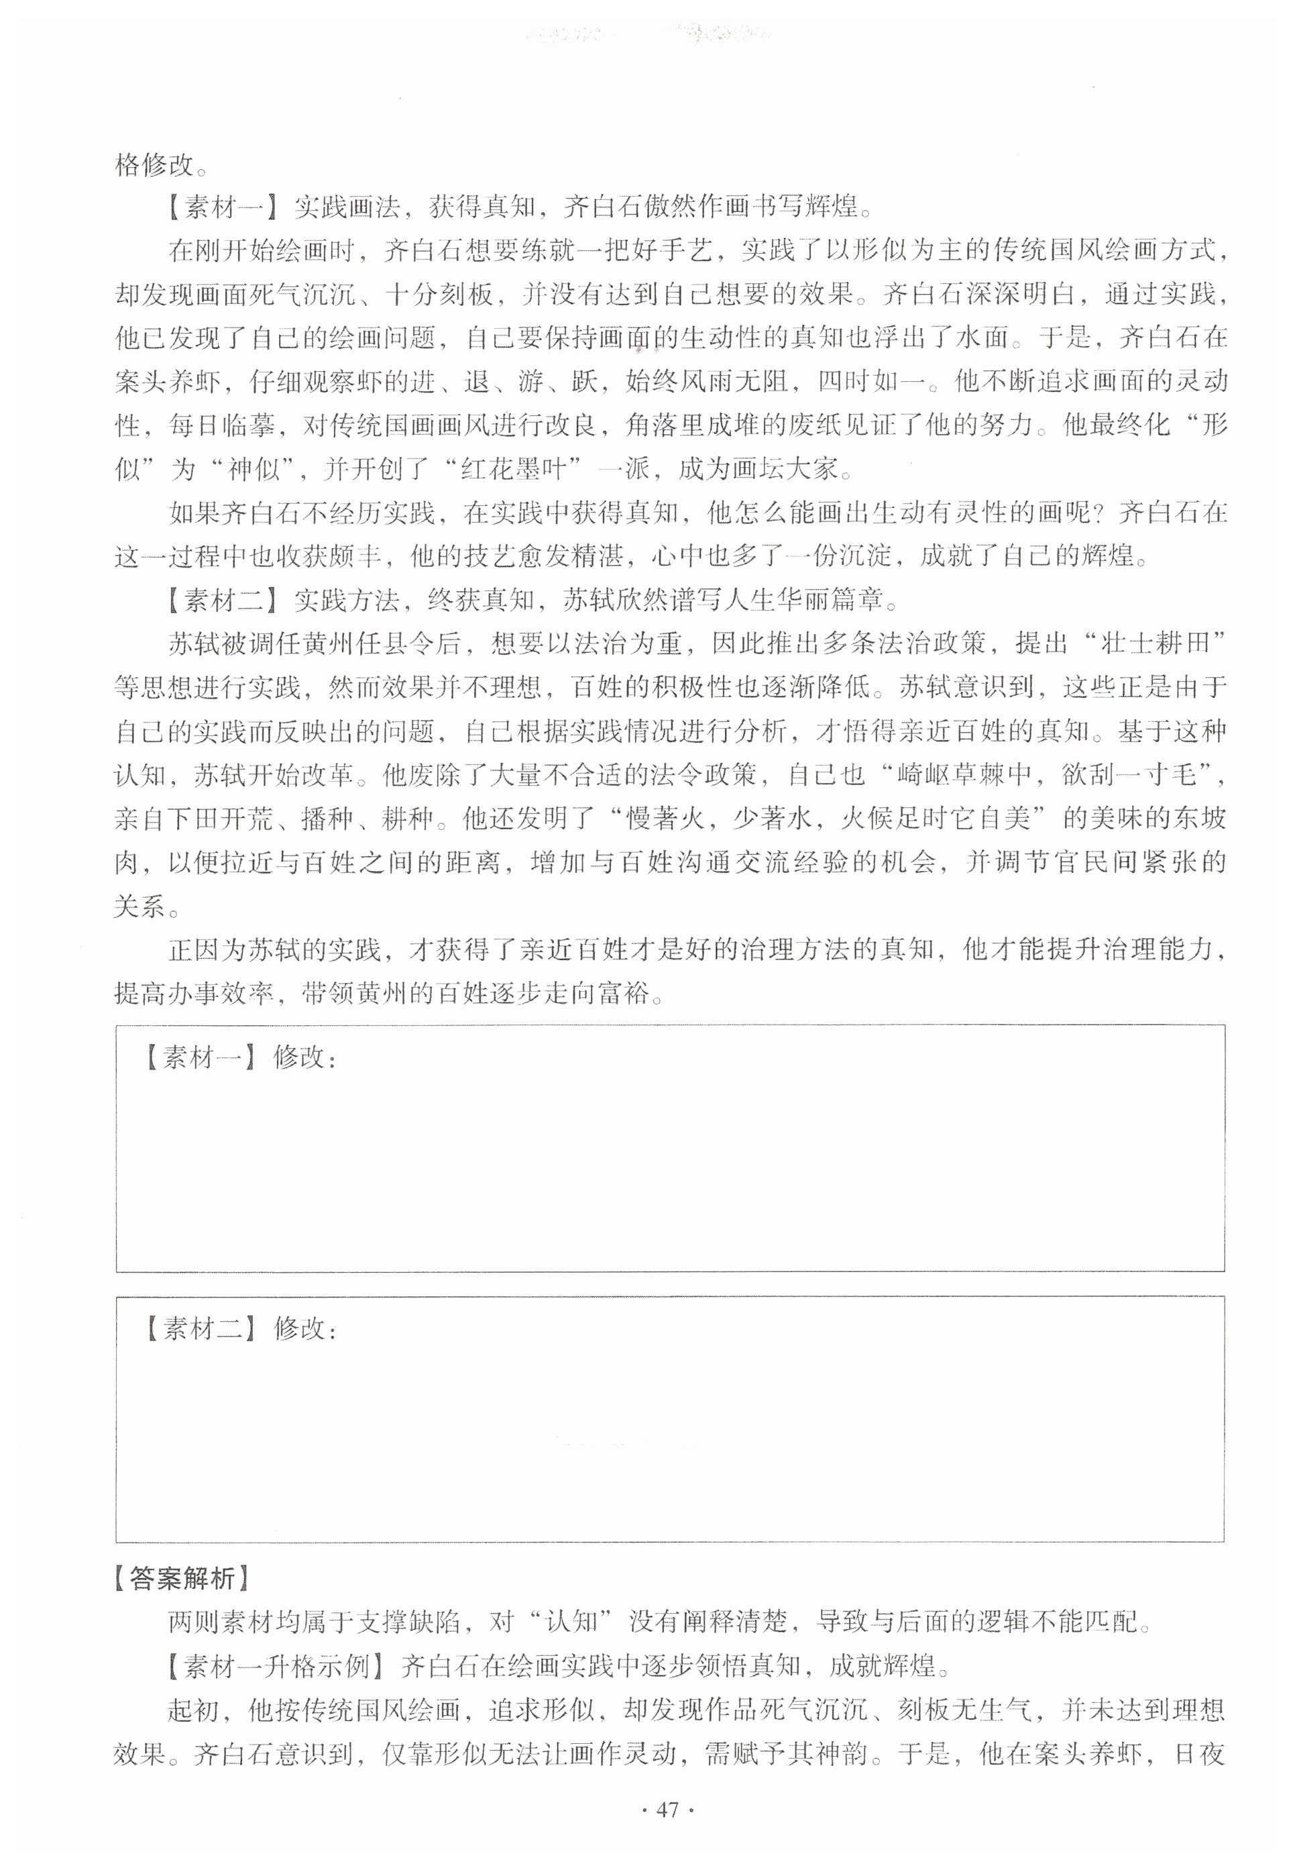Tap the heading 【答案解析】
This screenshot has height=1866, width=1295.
point(181,1578)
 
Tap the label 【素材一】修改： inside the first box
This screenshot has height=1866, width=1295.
point(239,1057)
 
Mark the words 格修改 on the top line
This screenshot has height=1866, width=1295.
point(155,165)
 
